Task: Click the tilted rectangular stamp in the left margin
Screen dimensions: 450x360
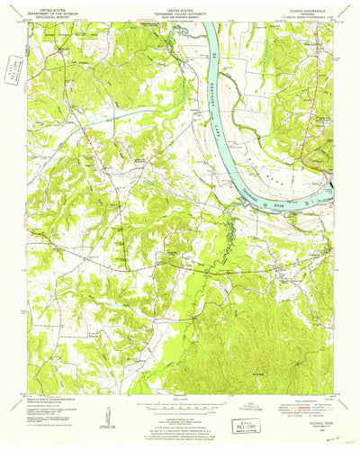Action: pyautogui.click(x=12, y=69)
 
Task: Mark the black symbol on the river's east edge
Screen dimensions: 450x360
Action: pyautogui.click(x=334, y=187)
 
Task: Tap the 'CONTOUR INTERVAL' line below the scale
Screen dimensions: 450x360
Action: pyautogui.click(x=180, y=403)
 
